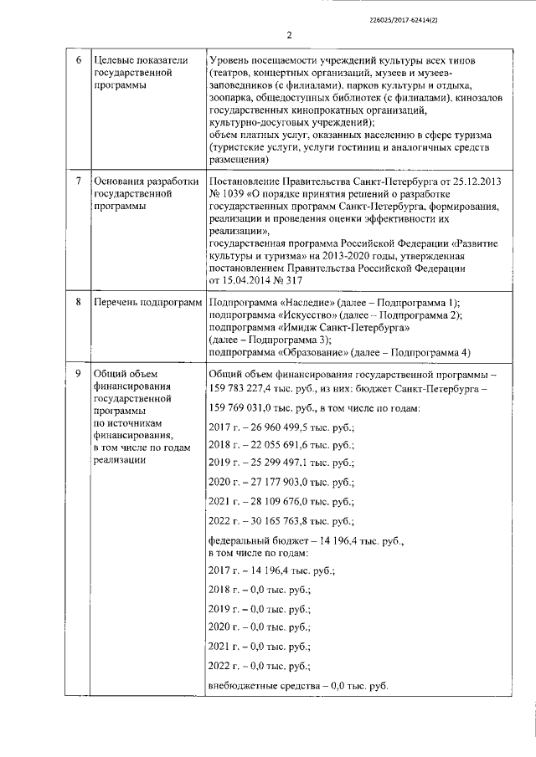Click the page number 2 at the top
click(288, 34)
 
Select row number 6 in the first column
click(79, 62)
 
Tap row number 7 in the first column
click(79, 182)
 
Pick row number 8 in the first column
click(79, 301)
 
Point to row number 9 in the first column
click(79, 373)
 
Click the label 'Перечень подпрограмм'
click(147, 301)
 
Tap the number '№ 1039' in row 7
click(227, 194)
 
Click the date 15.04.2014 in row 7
click(249, 279)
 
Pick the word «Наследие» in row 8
click(303, 301)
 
